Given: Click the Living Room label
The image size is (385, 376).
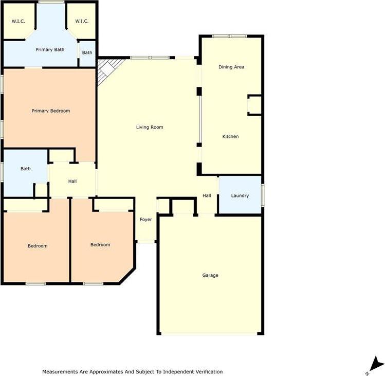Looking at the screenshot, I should (150, 127).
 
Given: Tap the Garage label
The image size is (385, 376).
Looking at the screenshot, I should (210, 275).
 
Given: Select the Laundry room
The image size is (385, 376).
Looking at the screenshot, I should (240, 195).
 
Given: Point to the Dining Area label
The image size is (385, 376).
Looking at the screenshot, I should (231, 67).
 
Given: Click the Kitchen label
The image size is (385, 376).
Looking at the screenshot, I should (230, 136).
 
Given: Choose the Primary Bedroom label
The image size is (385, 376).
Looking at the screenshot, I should (50, 111).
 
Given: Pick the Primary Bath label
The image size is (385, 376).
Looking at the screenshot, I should (50, 49).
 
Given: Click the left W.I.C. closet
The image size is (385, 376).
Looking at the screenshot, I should (18, 21).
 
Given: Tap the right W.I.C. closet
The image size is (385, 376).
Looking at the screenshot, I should (82, 21).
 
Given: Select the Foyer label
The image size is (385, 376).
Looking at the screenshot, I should (146, 220).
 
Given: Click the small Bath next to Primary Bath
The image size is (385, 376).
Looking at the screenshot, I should (87, 52).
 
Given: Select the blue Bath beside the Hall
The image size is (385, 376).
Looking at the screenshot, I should (26, 169).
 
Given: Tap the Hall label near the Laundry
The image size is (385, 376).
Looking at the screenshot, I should (207, 195).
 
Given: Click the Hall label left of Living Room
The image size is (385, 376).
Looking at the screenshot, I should (72, 181).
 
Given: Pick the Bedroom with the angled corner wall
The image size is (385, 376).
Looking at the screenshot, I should (100, 244).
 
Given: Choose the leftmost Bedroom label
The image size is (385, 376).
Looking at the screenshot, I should (38, 246).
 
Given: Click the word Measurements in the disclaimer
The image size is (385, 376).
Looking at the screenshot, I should (59, 371).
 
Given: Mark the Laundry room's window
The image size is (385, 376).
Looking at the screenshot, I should (263, 195).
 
